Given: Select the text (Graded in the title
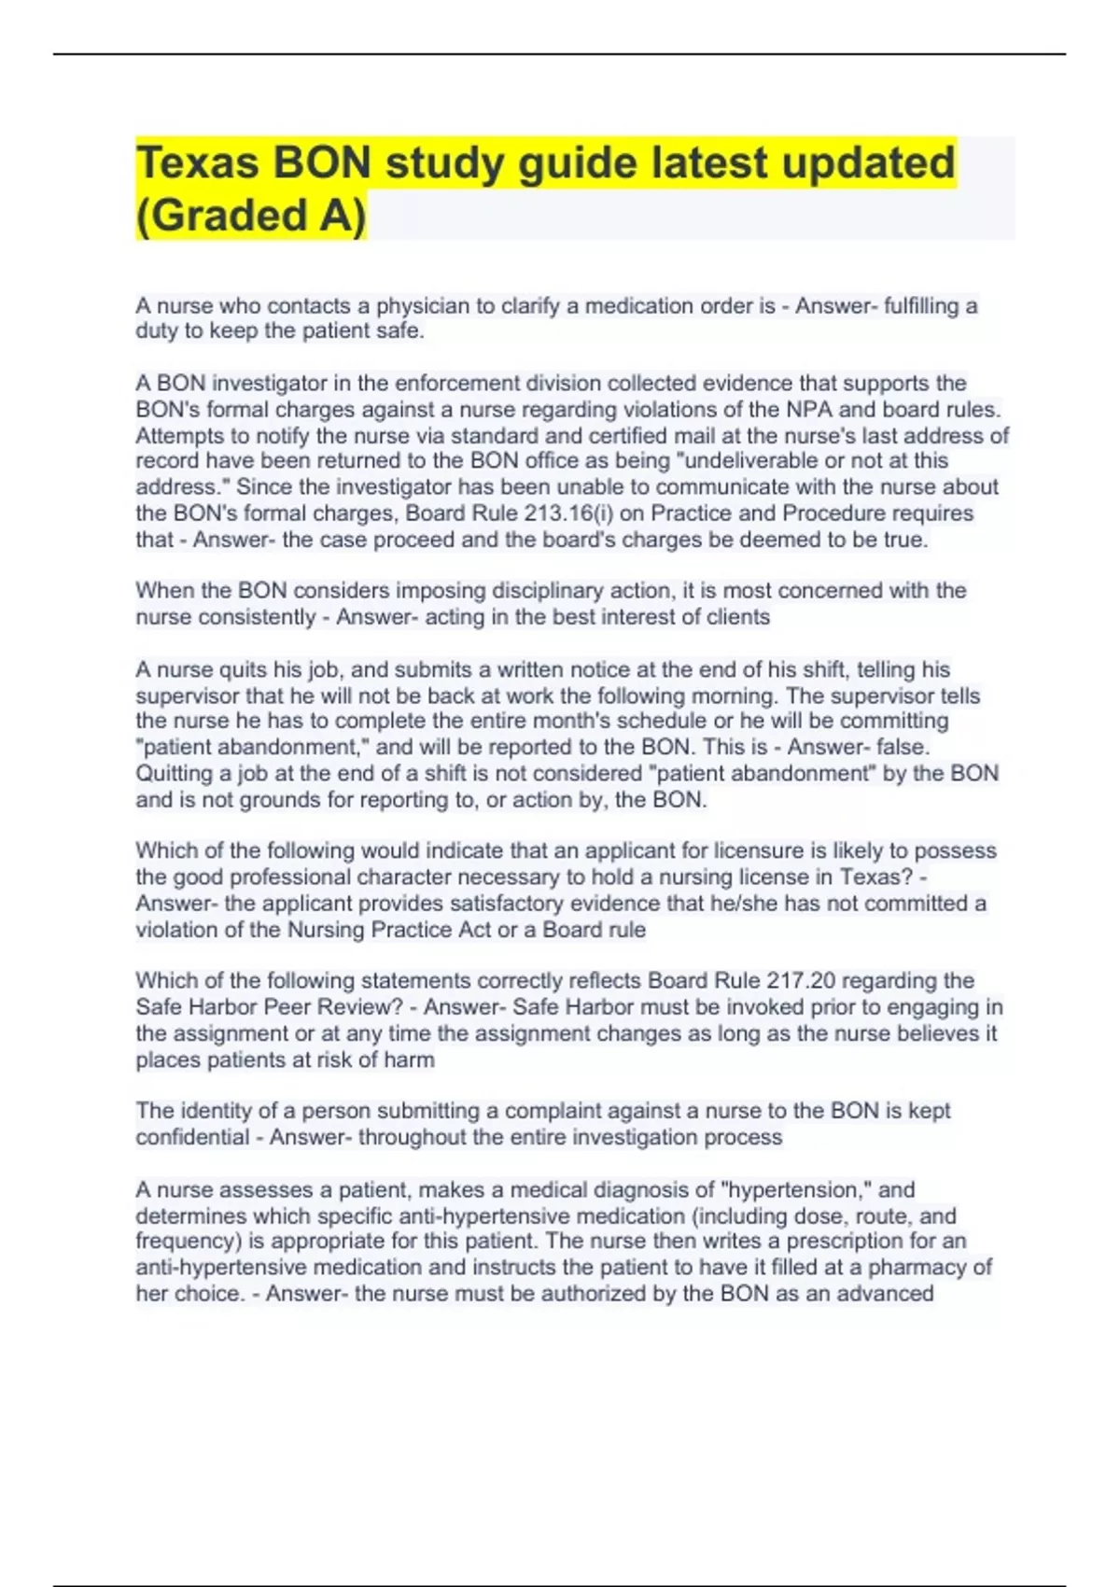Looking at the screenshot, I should (220, 215).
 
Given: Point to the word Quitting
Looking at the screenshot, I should (174, 773).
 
